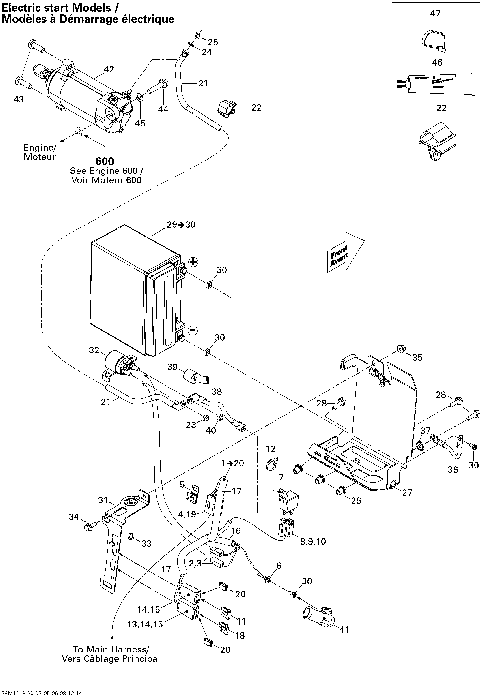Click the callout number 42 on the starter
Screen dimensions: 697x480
point(108,68)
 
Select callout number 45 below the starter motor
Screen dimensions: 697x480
point(140,123)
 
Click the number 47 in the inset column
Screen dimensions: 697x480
point(434,13)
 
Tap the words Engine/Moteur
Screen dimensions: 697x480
point(40,152)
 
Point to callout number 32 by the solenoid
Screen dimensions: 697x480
point(94,351)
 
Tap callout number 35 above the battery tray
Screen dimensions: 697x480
point(418,356)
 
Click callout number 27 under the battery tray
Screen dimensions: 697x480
point(407,492)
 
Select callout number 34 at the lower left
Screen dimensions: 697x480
point(72,517)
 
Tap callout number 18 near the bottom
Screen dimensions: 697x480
point(239,633)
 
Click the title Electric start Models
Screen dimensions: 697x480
point(60,8)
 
